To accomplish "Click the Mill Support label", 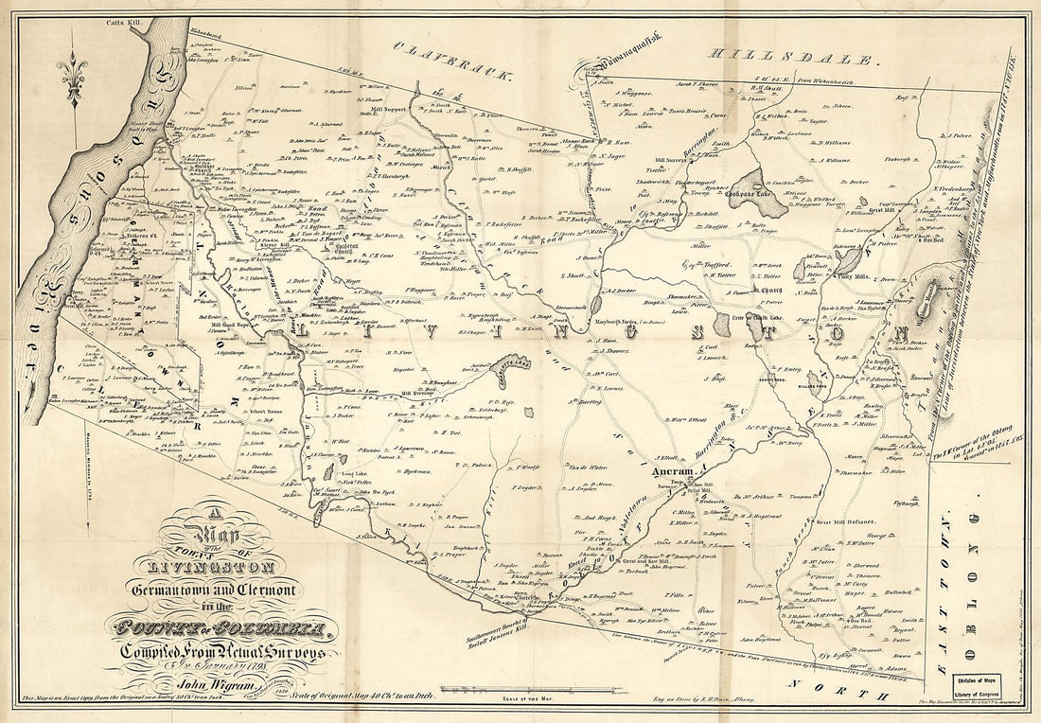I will pyautogui.click(x=388, y=109).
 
